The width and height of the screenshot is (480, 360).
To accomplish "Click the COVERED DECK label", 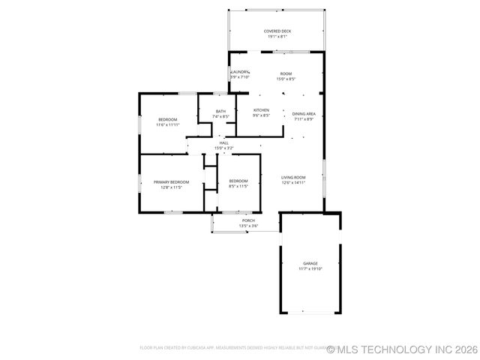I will [x=277, y=31].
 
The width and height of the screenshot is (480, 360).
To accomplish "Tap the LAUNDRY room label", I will [x=239, y=72].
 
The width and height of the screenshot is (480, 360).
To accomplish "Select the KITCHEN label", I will [x=261, y=110].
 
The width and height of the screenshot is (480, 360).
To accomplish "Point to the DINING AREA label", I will [x=304, y=114].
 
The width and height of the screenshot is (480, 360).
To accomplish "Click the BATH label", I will [x=220, y=112].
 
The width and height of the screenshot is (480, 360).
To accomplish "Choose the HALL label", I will [x=223, y=142].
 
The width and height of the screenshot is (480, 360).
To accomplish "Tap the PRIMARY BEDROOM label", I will [x=171, y=182].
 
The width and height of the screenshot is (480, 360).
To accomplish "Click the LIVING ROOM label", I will [x=293, y=178].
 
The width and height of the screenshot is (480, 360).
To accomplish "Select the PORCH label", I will [x=247, y=220].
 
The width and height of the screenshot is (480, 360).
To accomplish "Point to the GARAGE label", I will [x=310, y=263].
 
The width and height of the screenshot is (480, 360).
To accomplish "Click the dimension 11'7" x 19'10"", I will [x=310, y=268].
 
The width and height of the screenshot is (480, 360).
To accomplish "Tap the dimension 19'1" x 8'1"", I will [x=277, y=36].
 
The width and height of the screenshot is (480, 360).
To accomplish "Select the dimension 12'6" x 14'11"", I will [x=293, y=183].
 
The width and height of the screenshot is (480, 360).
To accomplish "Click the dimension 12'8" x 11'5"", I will [x=171, y=187].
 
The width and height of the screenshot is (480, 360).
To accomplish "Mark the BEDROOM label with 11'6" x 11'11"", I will [x=167, y=120].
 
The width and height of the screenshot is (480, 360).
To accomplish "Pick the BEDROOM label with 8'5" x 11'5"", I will [x=238, y=181].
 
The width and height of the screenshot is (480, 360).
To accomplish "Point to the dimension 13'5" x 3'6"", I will [x=247, y=226].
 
